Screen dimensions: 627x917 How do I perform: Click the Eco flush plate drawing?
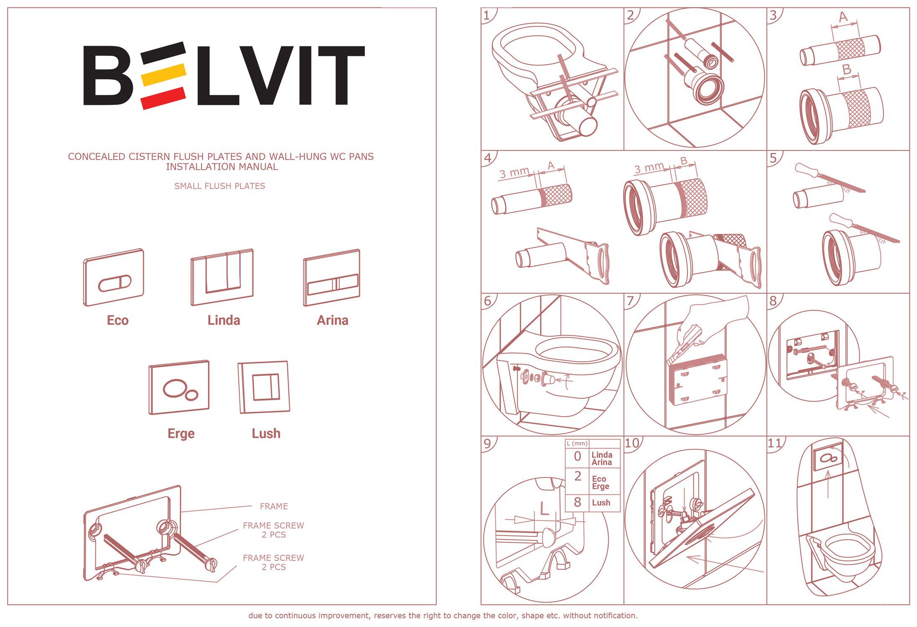[x=113, y=278]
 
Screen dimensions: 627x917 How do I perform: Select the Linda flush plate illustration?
[x=222, y=277]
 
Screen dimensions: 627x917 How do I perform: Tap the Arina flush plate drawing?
[x=332, y=278]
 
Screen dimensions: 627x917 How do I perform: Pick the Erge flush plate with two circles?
[x=179, y=387]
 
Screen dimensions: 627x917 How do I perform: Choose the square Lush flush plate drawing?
[x=264, y=387]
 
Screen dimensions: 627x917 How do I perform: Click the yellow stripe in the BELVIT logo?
[x=164, y=74]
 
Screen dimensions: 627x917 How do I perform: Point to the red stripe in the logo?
[x=163, y=98]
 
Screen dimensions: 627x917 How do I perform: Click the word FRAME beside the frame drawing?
[x=273, y=506]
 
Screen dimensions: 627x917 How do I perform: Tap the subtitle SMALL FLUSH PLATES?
[x=220, y=186]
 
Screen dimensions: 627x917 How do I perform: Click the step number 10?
[x=632, y=443]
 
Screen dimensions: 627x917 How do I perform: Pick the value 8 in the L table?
[x=577, y=502]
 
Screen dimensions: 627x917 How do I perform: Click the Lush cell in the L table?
[x=601, y=502]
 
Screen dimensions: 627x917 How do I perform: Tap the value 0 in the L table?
[x=577, y=456]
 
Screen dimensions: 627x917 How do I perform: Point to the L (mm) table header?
[x=577, y=443]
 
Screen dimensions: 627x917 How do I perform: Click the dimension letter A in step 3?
[x=843, y=17]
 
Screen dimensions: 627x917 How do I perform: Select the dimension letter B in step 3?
[x=847, y=69]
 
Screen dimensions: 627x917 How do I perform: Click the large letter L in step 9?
[x=544, y=509]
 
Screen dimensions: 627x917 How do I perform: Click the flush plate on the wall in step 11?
[x=828, y=457]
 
